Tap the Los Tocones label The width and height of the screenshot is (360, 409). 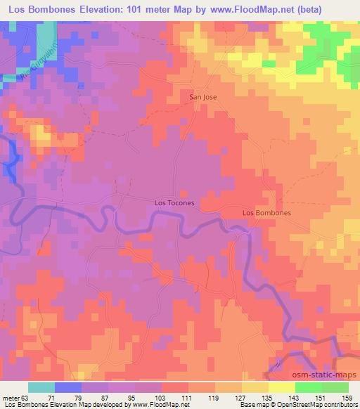pyautogui.click(x=174, y=203)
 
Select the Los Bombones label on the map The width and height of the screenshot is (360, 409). pyautogui.click(x=266, y=212)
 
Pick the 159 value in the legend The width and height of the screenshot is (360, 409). pyautogui.click(x=347, y=397)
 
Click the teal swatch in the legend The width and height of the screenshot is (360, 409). pyautogui.click(x=41, y=387)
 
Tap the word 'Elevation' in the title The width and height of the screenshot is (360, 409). pyautogui.click(x=103, y=8)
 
